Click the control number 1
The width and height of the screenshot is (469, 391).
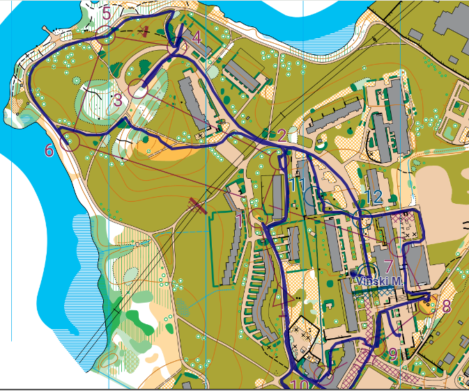(x=238, y=221)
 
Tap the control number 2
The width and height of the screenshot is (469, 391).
(x=282, y=136)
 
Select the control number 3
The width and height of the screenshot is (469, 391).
(x=117, y=101)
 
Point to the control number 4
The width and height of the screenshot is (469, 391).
(x=197, y=37)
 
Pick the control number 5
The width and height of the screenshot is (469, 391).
(x=106, y=13)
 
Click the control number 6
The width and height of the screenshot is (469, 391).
(x=49, y=150)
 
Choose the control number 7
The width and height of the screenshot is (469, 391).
(x=388, y=264)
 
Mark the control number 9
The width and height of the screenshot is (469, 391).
(x=393, y=355)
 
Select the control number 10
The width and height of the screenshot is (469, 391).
(x=300, y=385)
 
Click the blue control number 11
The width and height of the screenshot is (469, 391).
(x=298, y=184)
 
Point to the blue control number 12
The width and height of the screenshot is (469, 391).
(x=374, y=197)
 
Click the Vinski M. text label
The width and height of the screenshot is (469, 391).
(x=379, y=281)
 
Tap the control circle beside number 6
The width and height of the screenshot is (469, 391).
(x=69, y=143)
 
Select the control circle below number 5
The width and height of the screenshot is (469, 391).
(x=105, y=34)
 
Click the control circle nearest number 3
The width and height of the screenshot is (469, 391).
(x=137, y=90)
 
